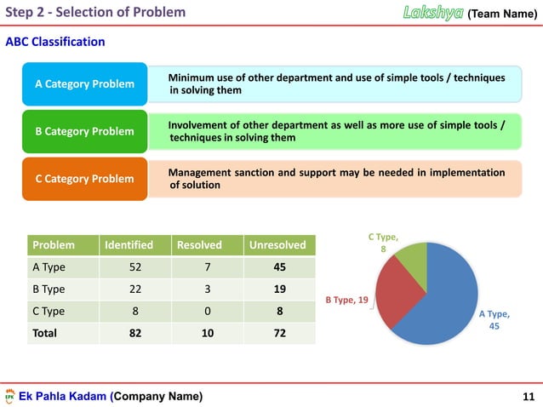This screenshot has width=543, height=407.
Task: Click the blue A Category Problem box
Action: tap(83, 84)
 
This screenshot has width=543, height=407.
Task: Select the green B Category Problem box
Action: tap(83, 131)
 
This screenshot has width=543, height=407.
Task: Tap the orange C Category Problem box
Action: tap(83, 179)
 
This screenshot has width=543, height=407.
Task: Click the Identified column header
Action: tap(129, 245)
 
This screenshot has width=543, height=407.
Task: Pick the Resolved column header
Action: tap(198, 245)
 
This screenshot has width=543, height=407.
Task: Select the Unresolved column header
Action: tap(278, 245)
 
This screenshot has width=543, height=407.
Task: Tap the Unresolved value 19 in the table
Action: tap(278, 289)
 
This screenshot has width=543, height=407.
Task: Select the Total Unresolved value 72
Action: tap(278, 333)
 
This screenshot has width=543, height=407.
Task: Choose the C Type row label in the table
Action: tap(49, 312)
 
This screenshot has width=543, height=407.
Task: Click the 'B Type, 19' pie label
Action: tap(346, 300)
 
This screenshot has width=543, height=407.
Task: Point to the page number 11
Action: tap(526, 397)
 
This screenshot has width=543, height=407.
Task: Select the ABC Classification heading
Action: tap(56, 41)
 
